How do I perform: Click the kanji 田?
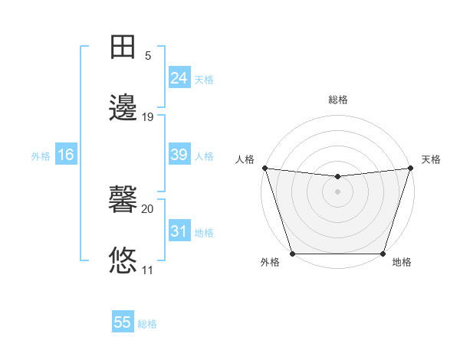123,47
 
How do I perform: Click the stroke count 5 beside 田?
147,56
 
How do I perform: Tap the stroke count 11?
147,270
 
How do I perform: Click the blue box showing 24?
179,78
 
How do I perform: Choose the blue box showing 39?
179,155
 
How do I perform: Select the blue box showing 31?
179,231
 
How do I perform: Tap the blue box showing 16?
66,155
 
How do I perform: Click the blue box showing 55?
123,322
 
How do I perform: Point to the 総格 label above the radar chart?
337,100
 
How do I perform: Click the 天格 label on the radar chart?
431,159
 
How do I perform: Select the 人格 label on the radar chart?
245,159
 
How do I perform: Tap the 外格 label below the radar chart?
270,263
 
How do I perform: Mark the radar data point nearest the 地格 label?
383,254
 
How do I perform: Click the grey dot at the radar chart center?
337,191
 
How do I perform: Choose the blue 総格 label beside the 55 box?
147,324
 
